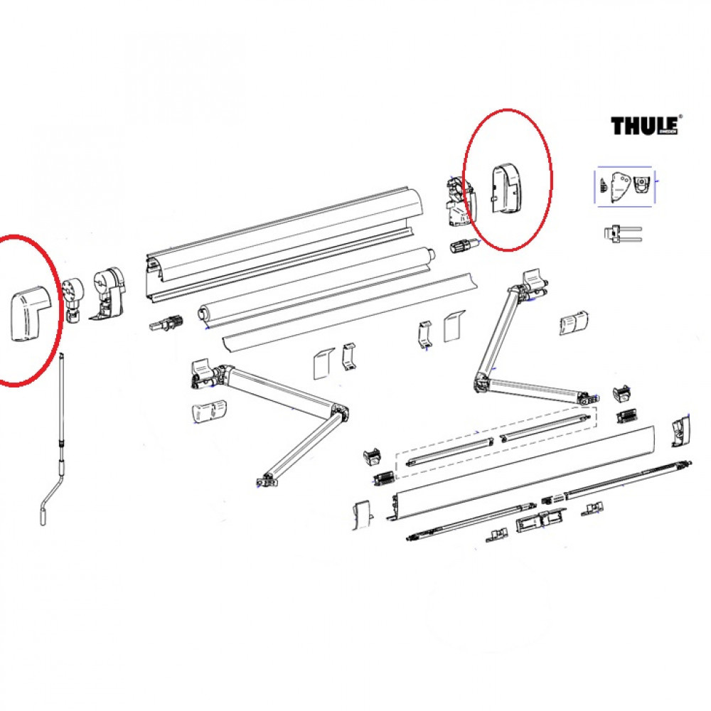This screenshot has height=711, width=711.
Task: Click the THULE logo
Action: click(644, 125)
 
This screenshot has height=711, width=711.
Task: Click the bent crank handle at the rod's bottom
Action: click(49, 497)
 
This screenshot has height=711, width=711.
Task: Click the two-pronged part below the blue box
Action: click(621, 233)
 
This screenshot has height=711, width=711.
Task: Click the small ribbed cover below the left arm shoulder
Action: click(208, 411)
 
